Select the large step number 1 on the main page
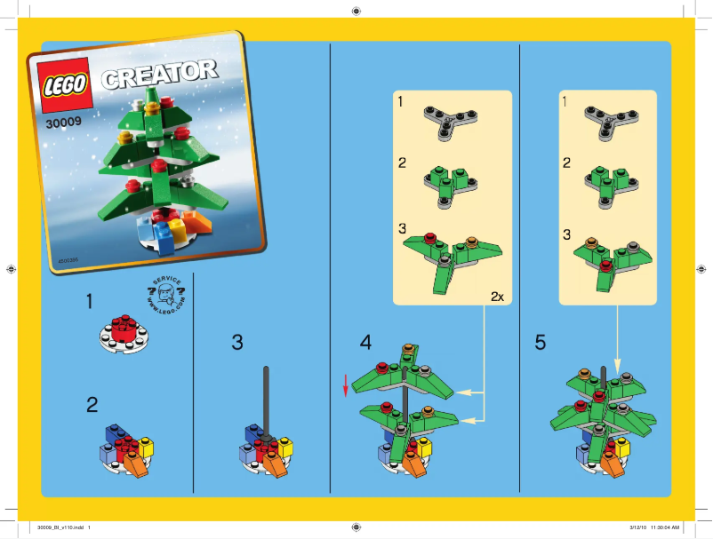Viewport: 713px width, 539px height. pyautogui.click(x=92, y=302)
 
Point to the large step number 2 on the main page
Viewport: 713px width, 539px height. pyautogui.click(x=92, y=405)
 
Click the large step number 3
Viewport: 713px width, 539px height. pyautogui.click(x=236, y=342)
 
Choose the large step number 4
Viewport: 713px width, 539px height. pyautogui.click(x=366, y=342)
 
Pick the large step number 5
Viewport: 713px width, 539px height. pyautogui.click(x=541, y=342)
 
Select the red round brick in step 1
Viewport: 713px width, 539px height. pyautogui.click(x=124, y=329)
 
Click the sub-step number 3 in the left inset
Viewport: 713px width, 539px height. pyautogui.click(x=402, y=228)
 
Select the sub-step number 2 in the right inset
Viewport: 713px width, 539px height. pyautogui.click(x=566, y=163)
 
